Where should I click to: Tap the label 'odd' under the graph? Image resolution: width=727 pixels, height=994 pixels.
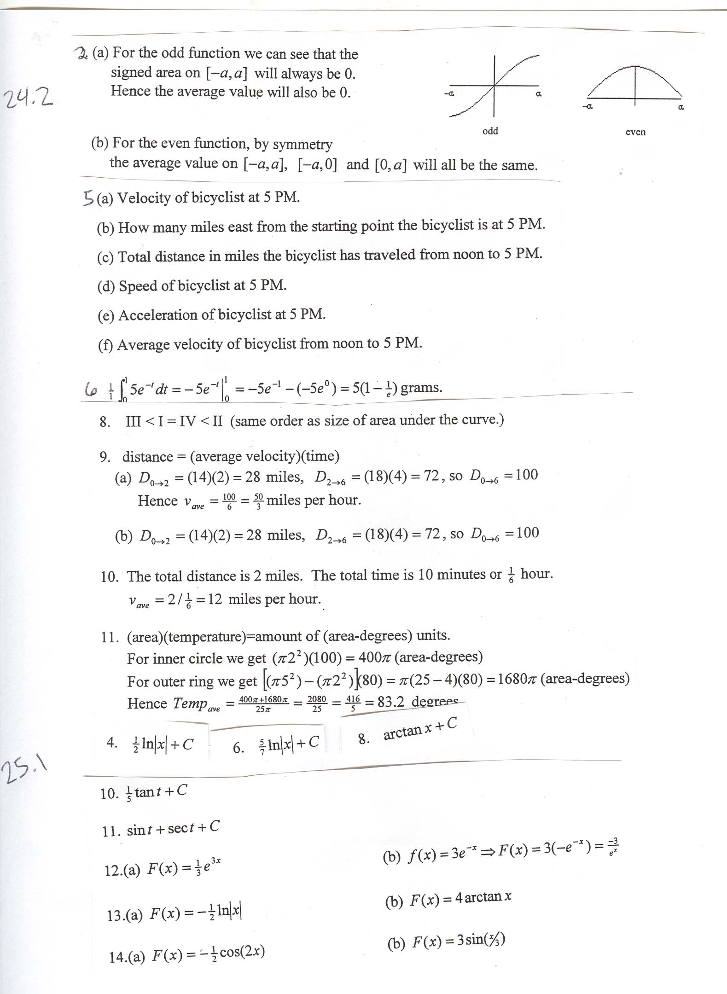click(490, 131)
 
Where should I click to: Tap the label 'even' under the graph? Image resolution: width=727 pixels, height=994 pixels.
click(635, 132)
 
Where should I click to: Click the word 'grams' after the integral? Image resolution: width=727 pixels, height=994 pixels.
click(420, 388)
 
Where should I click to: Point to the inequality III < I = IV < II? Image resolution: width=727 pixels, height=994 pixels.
click(174, 421)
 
